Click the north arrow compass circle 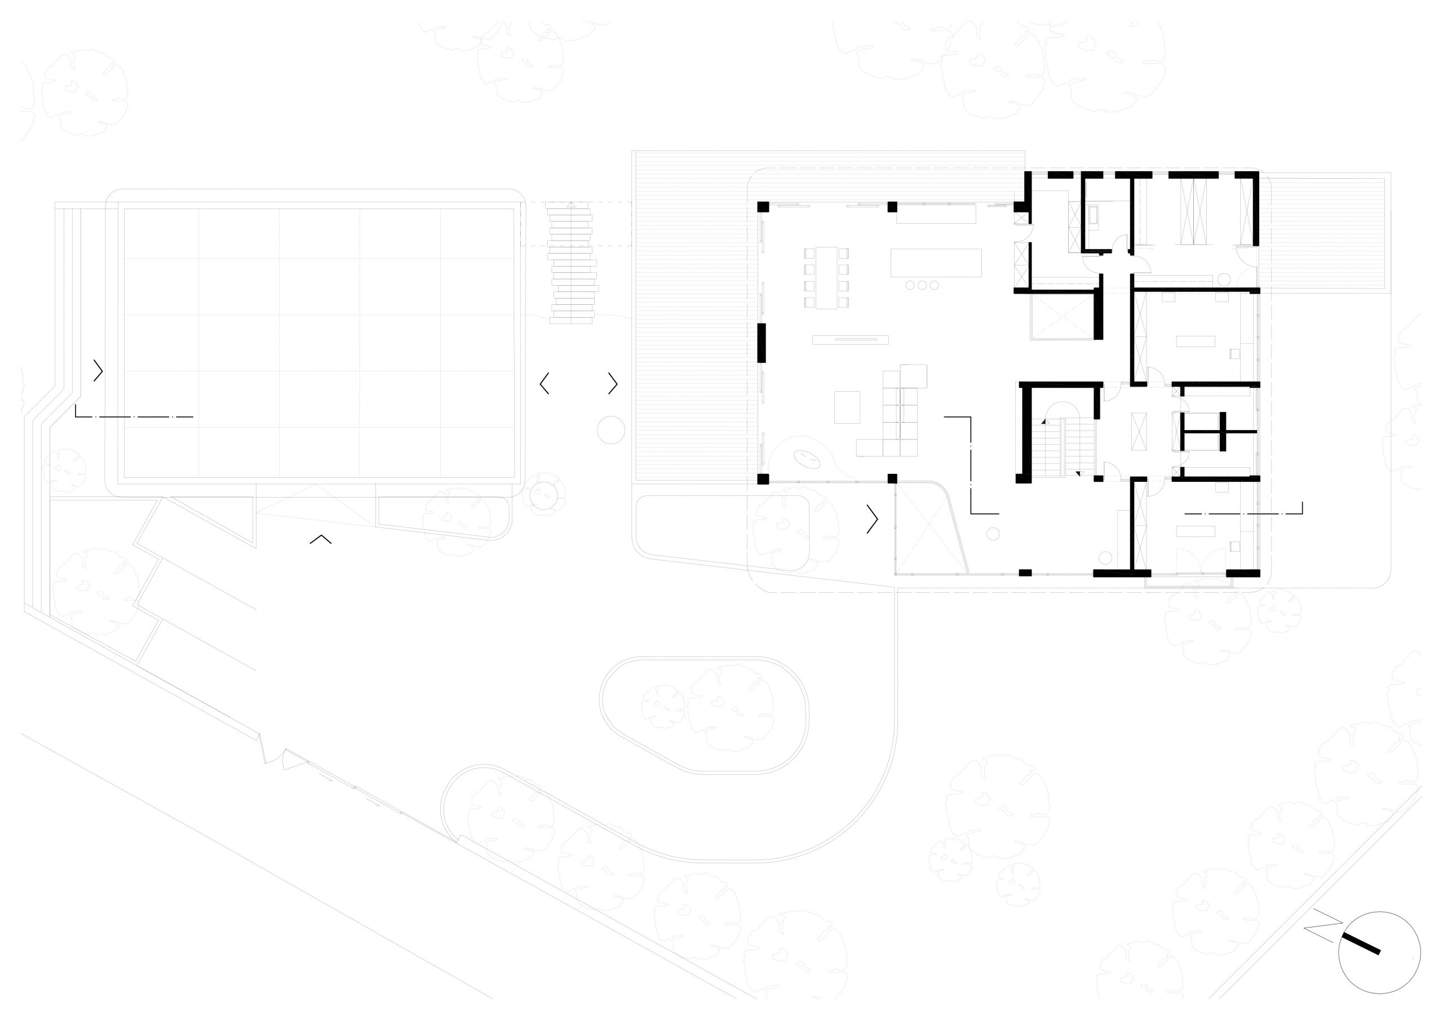pos(1379,970)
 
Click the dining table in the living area pos(826,278)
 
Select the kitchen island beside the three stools pos(935,263)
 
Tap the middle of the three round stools pos(922,285)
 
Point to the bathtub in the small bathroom pos(1095,217)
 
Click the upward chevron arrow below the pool pos(321,539)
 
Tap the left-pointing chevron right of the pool pos(545,383)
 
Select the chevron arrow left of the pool pos(98,371)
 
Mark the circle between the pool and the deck pos(610,431)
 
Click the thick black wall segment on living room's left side pos(762,343)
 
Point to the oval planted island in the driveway pos(704,716)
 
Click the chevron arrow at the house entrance pos(873,519)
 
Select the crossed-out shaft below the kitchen pos(1062,316)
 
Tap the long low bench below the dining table pos(851,340)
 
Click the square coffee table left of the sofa pos(847,407)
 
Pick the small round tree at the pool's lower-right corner pos(543,495)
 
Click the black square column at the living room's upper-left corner pos(763,207)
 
